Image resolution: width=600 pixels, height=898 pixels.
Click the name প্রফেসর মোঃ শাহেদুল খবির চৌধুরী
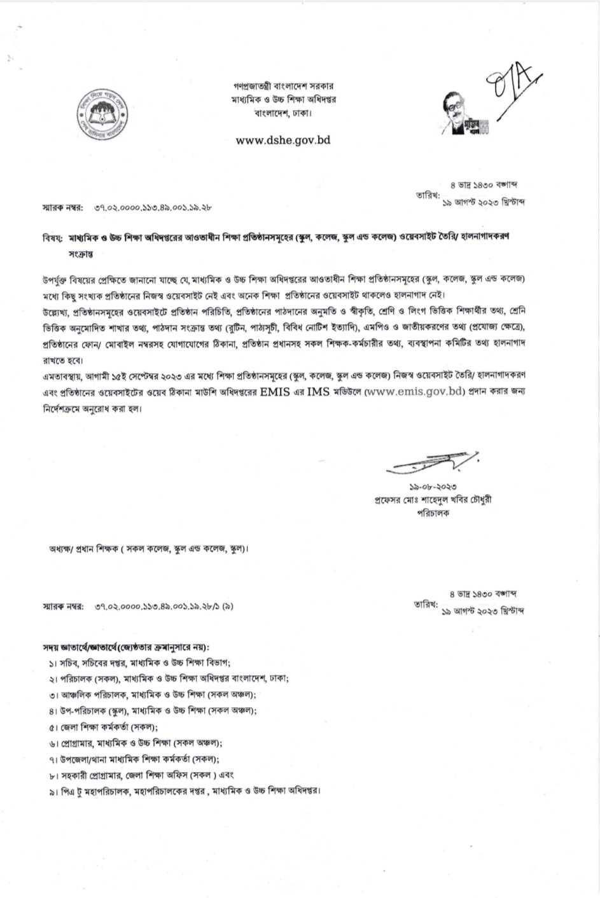point(433,499)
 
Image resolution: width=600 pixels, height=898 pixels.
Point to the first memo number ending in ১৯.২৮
point(152,207)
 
